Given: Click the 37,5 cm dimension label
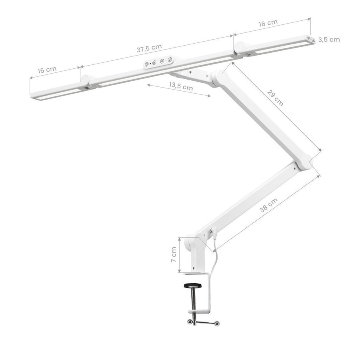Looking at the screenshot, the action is point(149,48).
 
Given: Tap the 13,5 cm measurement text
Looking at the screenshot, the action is point(181,86).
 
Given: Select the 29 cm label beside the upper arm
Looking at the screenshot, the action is point(275,98).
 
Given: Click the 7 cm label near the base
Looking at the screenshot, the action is point(174,255).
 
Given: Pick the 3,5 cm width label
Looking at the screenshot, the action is point(329,40).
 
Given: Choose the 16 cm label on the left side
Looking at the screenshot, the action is point(47,70).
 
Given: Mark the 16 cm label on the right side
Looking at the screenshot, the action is point(268,23).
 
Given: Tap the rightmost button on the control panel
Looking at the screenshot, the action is point(170,60).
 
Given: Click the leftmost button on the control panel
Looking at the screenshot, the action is point(146,64).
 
